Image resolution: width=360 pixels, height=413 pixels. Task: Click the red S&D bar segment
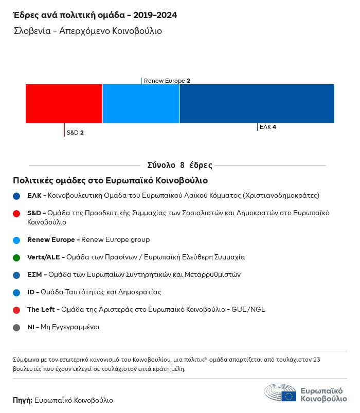[64, 104]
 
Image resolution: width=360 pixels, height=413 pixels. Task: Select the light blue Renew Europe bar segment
[141, 104]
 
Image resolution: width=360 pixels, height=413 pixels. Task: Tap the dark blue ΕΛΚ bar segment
[257, 104]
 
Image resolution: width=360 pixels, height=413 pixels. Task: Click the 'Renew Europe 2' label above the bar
[167, 81]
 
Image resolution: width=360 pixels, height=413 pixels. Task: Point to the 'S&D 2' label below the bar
[75, 133]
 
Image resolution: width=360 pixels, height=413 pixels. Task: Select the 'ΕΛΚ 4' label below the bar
[268, 127]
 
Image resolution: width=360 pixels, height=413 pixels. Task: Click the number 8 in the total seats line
[182, 165]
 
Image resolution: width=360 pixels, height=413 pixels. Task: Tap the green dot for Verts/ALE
[16, 257]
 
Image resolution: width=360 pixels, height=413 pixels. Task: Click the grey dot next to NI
[16, 328]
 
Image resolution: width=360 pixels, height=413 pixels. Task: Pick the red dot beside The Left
[16, 310]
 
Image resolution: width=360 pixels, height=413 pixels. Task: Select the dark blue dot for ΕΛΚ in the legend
[16, 196]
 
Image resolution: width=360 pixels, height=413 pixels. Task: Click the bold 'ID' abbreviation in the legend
[30, 292]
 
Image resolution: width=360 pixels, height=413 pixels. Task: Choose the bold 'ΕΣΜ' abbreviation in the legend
[34, 275]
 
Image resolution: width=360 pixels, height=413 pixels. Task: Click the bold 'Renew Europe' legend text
[51, 240]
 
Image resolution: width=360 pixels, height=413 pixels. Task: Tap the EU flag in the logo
[289, 396]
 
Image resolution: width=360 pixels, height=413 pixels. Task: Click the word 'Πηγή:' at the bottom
[23, 400]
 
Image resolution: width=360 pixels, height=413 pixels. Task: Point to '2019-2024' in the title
[155, 15]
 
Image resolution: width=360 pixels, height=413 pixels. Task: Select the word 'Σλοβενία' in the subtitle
[32, 31]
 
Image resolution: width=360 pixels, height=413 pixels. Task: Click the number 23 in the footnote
[316, 360]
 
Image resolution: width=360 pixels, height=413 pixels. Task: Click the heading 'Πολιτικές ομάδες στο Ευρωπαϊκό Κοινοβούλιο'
[110, 180]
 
